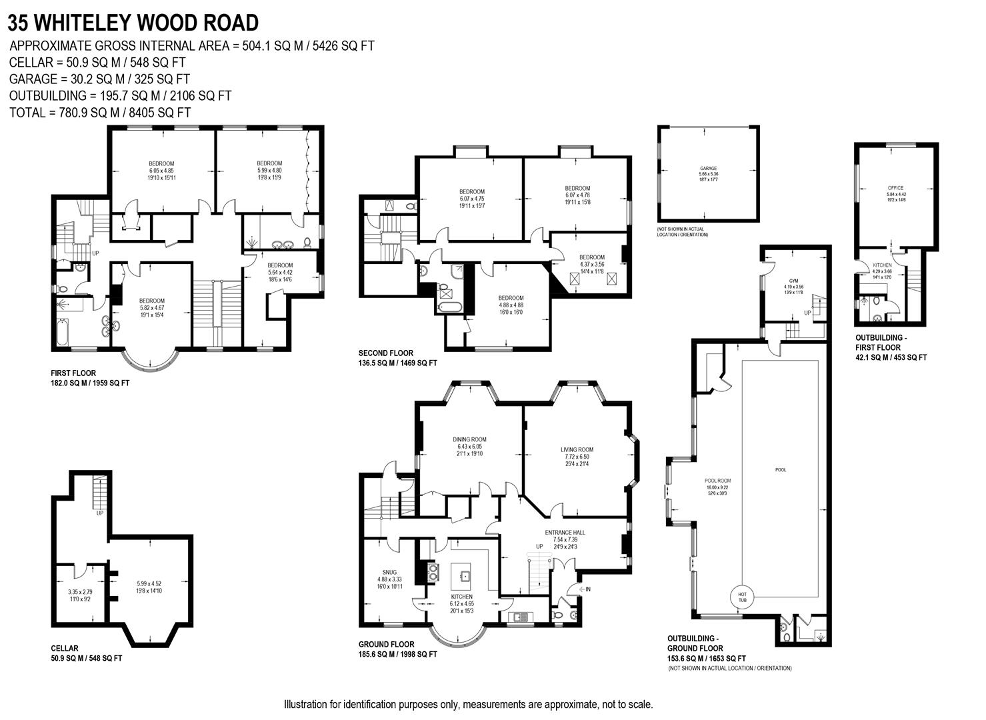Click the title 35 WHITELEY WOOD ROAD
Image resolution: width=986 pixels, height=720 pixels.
(133, 23)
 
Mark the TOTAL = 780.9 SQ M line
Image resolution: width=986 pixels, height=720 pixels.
(100, 113)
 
